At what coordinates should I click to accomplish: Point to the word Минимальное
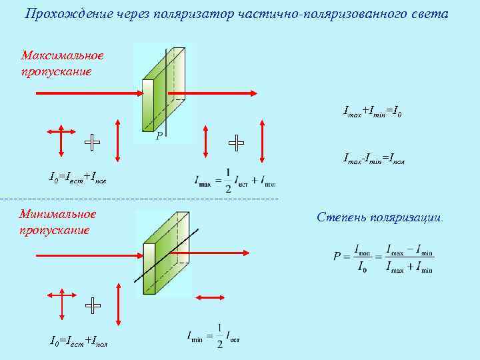[58, 214]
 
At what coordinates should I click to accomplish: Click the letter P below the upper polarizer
[159, 136]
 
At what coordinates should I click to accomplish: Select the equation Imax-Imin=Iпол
[374, 159]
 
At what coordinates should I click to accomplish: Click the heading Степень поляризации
[379, 217]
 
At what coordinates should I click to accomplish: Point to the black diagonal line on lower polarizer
[167, 255]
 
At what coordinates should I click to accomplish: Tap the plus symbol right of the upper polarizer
[236, 142]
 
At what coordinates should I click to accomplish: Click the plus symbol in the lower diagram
[93, 305]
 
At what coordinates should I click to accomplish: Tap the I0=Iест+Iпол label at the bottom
[79, 341]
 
